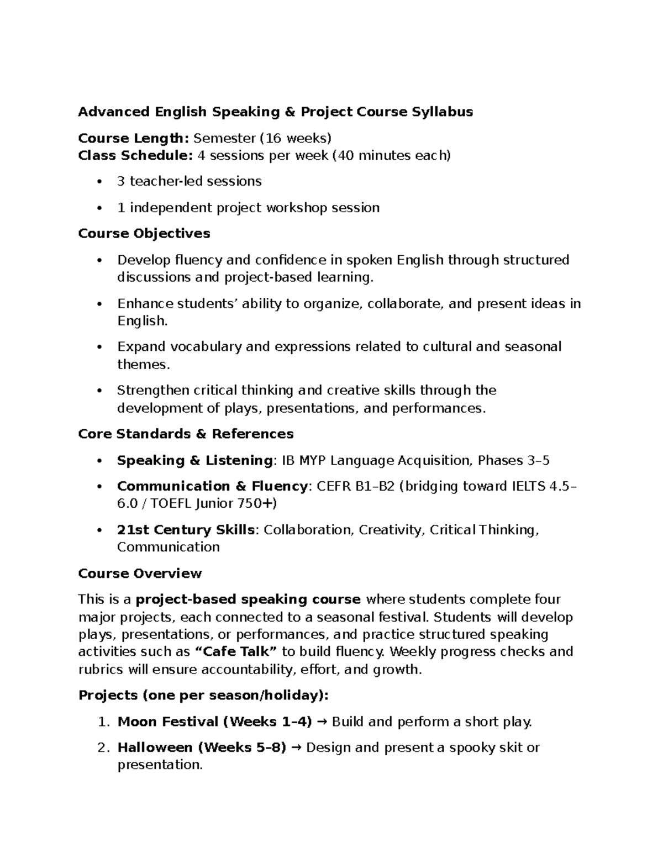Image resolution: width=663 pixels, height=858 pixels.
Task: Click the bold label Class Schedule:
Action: (135, 156)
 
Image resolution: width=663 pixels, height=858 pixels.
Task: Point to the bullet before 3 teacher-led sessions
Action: (99, 182)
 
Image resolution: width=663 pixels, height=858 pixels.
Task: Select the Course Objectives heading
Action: (144, 234)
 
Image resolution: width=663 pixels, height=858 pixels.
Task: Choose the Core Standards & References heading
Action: (186, 434)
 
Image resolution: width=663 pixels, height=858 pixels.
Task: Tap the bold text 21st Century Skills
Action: (186, 530)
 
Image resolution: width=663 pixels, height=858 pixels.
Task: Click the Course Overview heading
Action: (140, 573)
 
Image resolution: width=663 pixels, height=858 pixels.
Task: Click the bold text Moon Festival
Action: (168, 722)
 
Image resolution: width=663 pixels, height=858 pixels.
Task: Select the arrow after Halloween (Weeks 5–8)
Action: (296, 748)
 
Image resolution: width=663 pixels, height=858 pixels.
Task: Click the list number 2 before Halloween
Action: (102, 748)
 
